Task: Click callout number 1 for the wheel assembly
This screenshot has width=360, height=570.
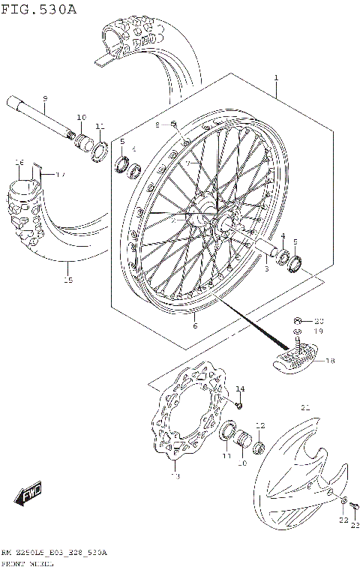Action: [276, 78]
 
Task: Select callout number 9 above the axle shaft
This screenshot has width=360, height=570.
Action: [45, 98]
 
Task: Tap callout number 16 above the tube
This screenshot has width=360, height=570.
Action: [20, 163]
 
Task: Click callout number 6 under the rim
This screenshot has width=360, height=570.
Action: [194, 325]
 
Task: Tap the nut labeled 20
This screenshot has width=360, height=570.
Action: [298, 319]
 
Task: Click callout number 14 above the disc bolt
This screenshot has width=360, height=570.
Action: [240, 388]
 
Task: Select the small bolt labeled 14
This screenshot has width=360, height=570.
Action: [238, 405]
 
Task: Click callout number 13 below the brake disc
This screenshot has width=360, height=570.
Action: [175, 475]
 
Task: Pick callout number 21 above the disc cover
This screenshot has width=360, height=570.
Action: [304, 407]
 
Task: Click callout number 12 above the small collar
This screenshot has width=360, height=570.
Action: [260, 425]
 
